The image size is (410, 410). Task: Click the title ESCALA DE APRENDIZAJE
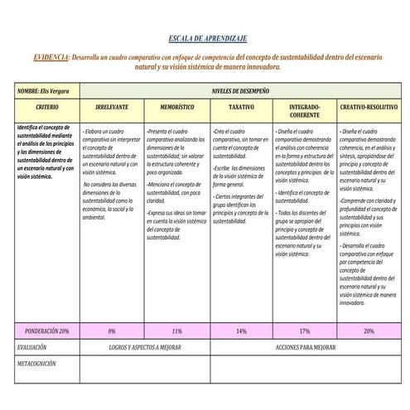[x=207, y=39]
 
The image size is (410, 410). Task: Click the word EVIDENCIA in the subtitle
[x=51, y=57]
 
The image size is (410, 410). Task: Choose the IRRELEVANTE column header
[x=112, y=109]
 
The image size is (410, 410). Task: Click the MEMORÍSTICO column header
[x=176, y=109]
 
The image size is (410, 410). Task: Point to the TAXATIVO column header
[x=241, y=109]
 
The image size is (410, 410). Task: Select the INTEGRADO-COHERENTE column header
[x=305, y=112]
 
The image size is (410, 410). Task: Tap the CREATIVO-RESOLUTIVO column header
[x=369, y=109]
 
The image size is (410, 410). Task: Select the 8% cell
[x=112, y=330]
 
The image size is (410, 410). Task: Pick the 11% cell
[x=176, y=330]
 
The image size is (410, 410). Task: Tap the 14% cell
[x=241, y=330]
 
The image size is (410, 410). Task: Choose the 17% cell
[x=305, y=330]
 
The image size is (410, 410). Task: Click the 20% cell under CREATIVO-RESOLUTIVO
[x=369, y=330]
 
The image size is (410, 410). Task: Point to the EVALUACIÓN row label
[x=33, y=347]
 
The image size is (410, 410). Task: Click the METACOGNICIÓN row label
[x=37, y=362]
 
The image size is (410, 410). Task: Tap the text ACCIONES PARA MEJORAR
[x=306, y=347]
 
